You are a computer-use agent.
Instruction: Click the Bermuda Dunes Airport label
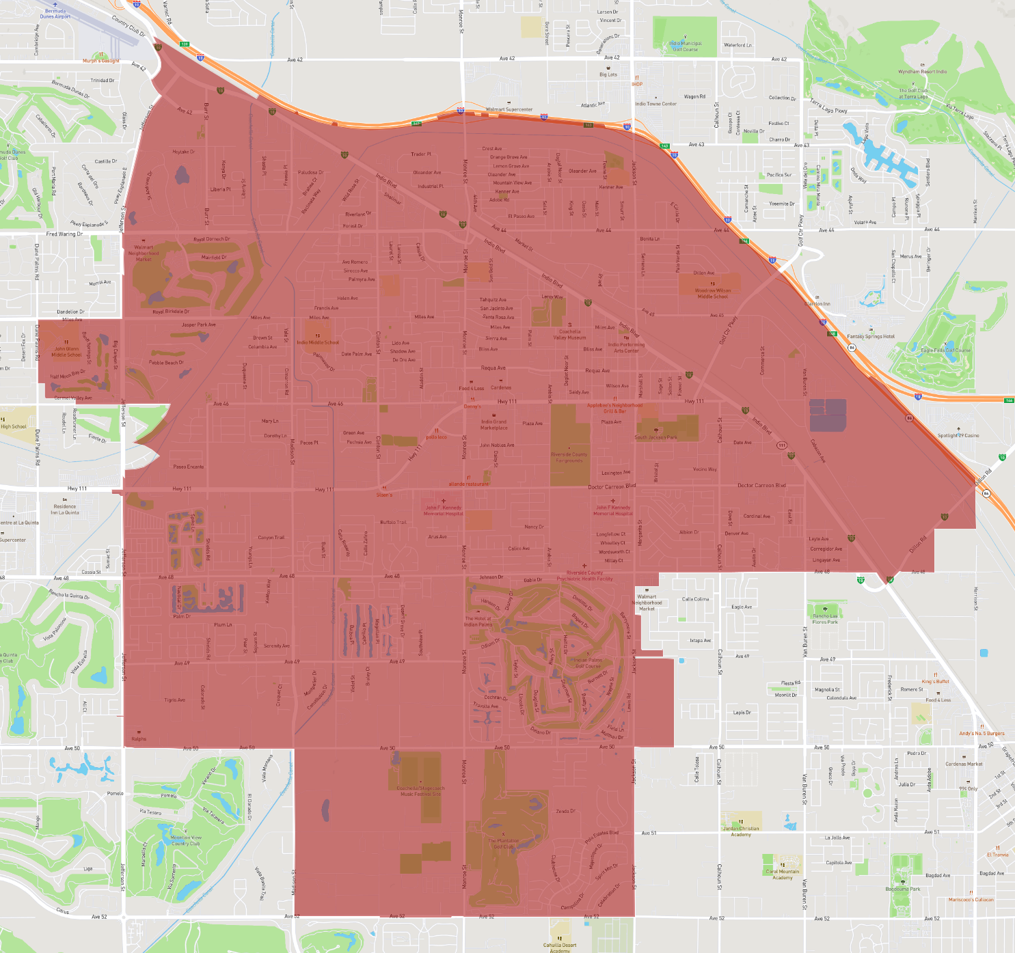(55, 14)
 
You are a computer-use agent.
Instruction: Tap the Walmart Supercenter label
(509, 109)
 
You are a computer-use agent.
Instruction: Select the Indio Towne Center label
(655, 104)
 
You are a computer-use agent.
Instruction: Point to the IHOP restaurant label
(637, 84)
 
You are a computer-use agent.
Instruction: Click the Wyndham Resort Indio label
(922, 72)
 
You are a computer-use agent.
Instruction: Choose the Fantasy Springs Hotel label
(870, 336)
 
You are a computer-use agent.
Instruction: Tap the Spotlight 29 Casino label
(958, 435)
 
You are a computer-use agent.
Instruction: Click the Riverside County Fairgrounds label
(569, 457)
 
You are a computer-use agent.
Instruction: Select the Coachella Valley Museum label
(569, 334)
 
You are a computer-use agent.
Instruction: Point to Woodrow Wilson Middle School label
(713, 293)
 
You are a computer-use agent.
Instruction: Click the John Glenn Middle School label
(67, 351)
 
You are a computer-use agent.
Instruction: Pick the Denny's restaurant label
(472, 406)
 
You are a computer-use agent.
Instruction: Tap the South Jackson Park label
(655, 437)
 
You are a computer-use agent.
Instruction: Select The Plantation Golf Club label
(504, 844)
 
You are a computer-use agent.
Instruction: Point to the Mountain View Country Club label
(186, 840)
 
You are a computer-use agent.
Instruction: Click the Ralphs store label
(139, 738)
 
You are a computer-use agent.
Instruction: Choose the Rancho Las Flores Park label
(825, 619)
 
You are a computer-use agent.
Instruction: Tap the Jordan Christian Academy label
(741, 831)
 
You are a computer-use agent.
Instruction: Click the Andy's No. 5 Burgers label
(982, 734)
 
